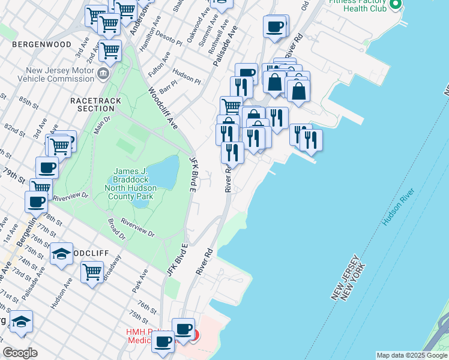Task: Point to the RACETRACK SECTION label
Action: click(x=95, y=104)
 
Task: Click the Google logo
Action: click(x=20, y=353)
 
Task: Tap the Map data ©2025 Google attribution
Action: click(x=411, y=355)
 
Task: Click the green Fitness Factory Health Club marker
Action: click(x=395, y=5)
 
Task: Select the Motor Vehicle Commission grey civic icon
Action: click(x=103, y=74)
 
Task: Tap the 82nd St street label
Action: click(x=11, y=129)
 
